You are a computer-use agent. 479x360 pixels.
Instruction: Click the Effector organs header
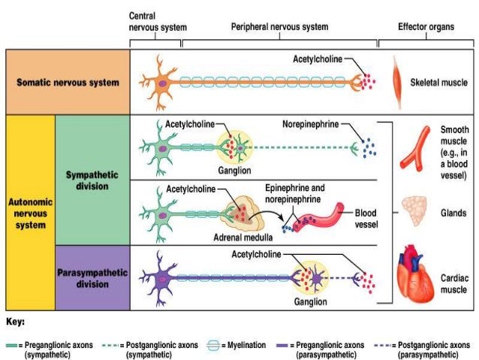[426, 26]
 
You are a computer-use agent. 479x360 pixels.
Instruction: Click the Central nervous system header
[156, 20]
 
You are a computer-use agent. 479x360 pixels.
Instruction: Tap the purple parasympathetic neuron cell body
[161, 278]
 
